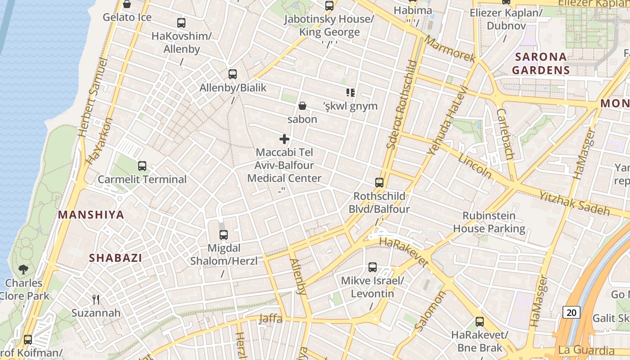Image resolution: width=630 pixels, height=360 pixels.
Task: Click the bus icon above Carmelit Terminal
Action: pyautogui.click(x=142, y=166)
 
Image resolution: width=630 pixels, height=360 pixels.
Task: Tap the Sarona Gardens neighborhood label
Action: pyautogui.click(x=541, y=63)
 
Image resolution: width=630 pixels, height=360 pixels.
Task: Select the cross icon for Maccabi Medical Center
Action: pyautogui.click(x=284, y=139)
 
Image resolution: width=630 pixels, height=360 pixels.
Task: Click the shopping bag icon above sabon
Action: pyautogui.click(x=302, y=106)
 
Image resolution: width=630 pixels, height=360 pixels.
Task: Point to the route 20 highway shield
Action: pyautogui.click(x=571, y=312)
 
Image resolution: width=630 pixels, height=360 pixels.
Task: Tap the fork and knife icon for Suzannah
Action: pyautogui.click(x=96, y=299)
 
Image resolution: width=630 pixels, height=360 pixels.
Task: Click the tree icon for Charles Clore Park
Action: pyautogui.click(x=23, y=270)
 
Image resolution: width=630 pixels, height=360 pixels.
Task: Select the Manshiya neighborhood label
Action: pyautogui.click(x=91, y=215)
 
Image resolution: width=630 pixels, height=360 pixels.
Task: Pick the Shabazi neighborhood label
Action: pyautogui.click(x=115, y=258)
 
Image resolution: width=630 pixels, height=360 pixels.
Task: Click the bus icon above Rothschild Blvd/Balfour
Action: pyautogui.click(x=379, y=183)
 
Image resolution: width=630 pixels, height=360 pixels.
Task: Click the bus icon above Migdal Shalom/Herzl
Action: pyautogui.click(x=224, y=234)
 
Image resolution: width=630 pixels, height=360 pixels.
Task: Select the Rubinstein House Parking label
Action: pyautogui.click(x=489, y=222)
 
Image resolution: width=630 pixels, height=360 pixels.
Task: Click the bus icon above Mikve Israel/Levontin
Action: pyautogui.click(x=373, y=267)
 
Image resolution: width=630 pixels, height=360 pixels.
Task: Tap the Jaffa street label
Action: pyautogui.click(x=270, y=319)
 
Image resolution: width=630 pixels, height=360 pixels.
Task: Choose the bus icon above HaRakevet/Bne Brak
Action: pyautogui.click(x=480, y=322)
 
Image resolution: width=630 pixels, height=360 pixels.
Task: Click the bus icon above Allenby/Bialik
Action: pyautogui.click(x=233, y=74)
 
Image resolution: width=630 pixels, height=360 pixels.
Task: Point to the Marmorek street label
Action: pyautogui.click(x=450, y=49)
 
